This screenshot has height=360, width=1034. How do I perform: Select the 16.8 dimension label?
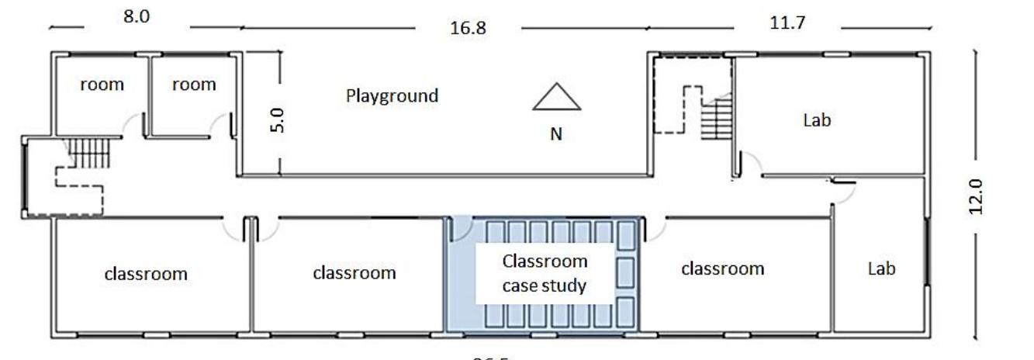[469, 29]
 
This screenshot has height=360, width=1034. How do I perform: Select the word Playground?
[392, 96]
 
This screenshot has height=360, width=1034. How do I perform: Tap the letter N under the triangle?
[556, 134]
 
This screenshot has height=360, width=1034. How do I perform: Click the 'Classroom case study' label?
[545, 273]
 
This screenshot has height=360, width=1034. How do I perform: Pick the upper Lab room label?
[817, 120]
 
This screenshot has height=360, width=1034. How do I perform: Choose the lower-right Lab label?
[881, 268]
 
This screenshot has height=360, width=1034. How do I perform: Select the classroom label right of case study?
[722, 268]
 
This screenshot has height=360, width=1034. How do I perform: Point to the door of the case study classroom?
[461, 229]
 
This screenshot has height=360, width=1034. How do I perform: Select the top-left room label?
[102, 85]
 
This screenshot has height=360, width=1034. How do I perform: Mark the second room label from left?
[193, 85]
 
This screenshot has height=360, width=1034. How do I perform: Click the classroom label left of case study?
[354, 273]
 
